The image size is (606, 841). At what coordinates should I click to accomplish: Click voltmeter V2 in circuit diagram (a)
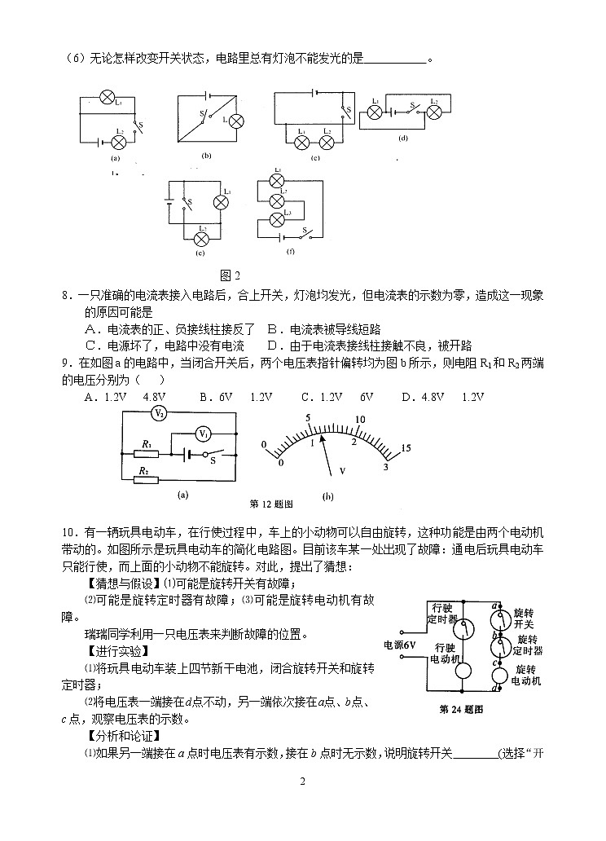[160, 413]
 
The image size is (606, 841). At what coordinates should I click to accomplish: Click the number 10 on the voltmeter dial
[359, 419]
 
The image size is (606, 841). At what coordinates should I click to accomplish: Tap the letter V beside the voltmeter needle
[343, 471]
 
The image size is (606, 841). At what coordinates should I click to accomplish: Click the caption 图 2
[231, 274]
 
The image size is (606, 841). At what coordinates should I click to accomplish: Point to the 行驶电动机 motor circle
[462, 671]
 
